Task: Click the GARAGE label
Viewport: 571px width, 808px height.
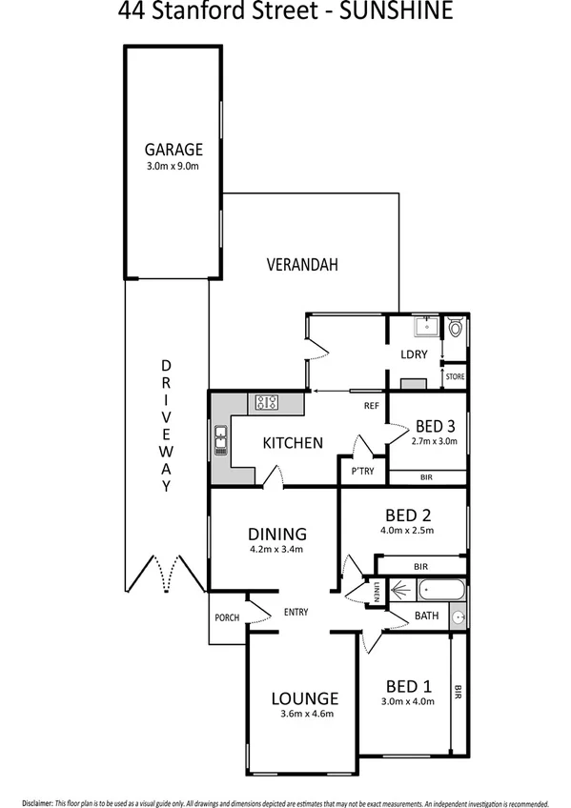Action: [x=173, y=150]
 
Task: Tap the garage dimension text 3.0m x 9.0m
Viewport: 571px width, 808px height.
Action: [x=173, y=166]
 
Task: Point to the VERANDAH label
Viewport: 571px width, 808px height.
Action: [x=302, y=265]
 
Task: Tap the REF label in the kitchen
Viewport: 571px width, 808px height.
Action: [x=372, y=406]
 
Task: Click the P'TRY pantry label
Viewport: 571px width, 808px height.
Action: [x=361, y=472]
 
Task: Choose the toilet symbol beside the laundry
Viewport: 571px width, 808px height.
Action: [x=456, y=330]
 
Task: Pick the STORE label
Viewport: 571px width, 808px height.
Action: [x=456, y=377]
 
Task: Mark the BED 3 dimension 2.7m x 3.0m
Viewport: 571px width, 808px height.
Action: [x=434, y=441]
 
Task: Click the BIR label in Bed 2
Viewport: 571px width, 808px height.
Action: [x=421, y=567]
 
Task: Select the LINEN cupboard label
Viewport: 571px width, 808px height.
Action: [x=377, y=593]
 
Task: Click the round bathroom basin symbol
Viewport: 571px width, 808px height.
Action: [x=459, y=617]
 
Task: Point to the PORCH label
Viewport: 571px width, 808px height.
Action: [x=226, y=617]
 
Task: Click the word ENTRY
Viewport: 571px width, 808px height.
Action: [x=296, y=612]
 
